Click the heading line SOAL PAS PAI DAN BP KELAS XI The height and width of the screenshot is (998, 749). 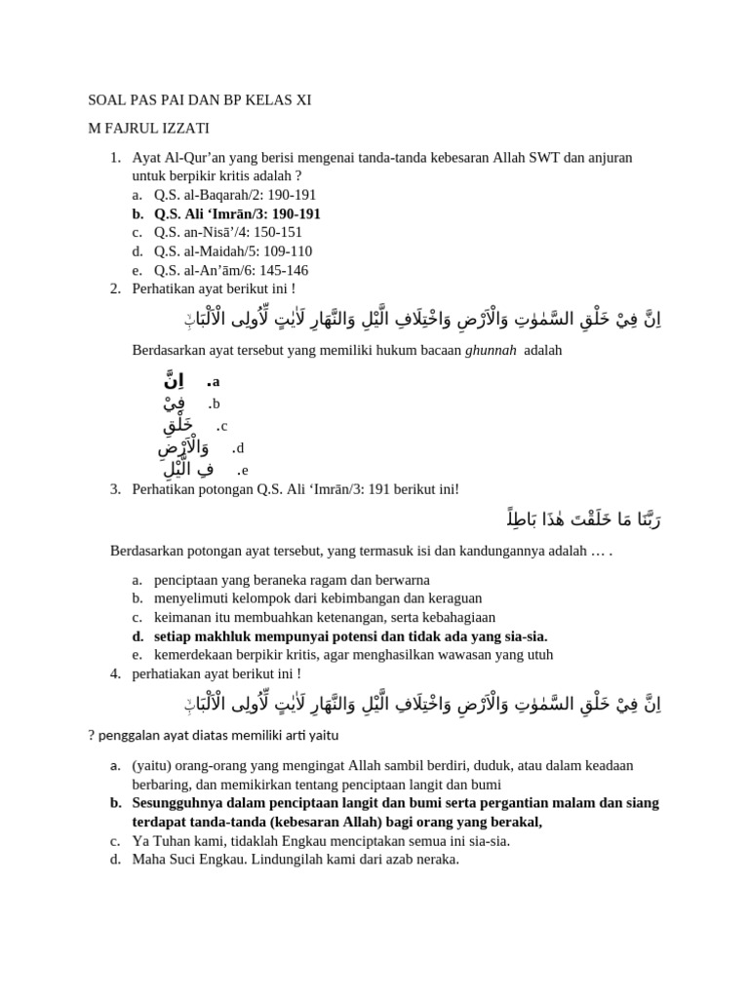coord(200,100)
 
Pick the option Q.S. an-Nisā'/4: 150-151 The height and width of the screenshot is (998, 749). coord(228,232)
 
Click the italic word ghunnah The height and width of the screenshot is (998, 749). coord(492,351)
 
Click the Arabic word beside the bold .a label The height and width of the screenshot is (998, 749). coord(177,381)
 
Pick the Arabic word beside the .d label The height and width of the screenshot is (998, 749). coord(184,447)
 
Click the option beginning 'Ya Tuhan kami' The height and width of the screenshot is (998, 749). coord(321,841)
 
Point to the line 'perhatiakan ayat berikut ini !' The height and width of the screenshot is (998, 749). coord(217,673)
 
